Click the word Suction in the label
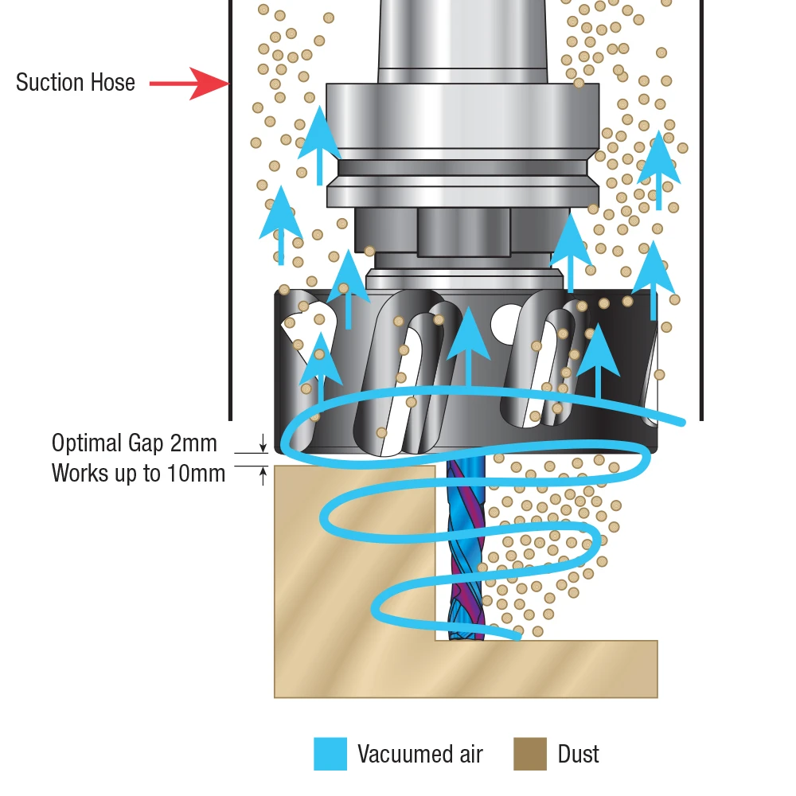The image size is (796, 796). click(x=49, y=82)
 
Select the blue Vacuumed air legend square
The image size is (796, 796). click(x=330, y=754)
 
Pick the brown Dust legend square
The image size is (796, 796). click(x=530, y=754)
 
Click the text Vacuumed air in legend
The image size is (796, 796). click(x=420, y=754)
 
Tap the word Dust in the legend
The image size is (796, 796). click(x=578, y=754)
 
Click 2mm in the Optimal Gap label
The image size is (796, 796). click(x=193, y=443)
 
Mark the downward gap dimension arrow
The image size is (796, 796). click(x=263, y=443)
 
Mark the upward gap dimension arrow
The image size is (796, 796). click(x=263, y=476)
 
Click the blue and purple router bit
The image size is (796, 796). click(x=466, y=548)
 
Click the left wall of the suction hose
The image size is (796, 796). click(x=231, y=210)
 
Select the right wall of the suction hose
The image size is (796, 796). click(x=701, y=210)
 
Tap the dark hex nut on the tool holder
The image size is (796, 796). click(x=463, y=231)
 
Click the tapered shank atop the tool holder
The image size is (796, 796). click(x=462, y=41)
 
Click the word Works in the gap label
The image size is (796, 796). click(x=79, y=473)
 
